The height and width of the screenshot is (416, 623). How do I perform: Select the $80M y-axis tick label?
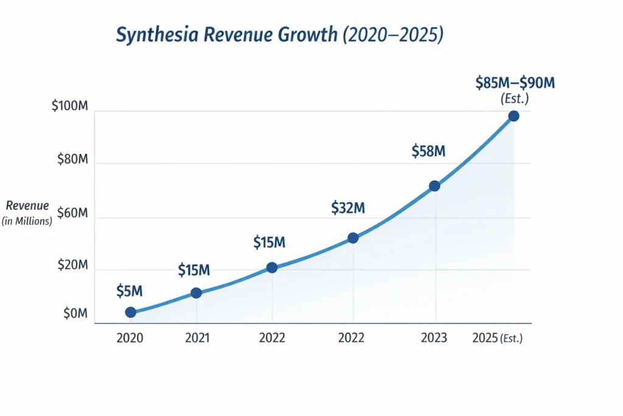point(72,160)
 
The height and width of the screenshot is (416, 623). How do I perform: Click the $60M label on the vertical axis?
point(72,213)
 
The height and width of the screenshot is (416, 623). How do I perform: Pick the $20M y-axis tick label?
point(72,266)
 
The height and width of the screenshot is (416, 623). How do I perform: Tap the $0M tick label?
point(75,314)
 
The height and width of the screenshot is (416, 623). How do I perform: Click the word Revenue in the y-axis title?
point(27,206)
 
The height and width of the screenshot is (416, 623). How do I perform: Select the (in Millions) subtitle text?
point(27,221)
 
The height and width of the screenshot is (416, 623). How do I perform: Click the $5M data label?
point(129,291)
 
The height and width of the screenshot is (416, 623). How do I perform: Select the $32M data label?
point(348,208)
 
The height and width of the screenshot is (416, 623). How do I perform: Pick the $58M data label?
point(428,151)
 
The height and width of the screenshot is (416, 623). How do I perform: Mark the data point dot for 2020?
point(131,312)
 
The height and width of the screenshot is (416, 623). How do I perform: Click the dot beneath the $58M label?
point(434,186)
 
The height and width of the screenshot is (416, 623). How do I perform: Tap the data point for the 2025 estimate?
point(513,116)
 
